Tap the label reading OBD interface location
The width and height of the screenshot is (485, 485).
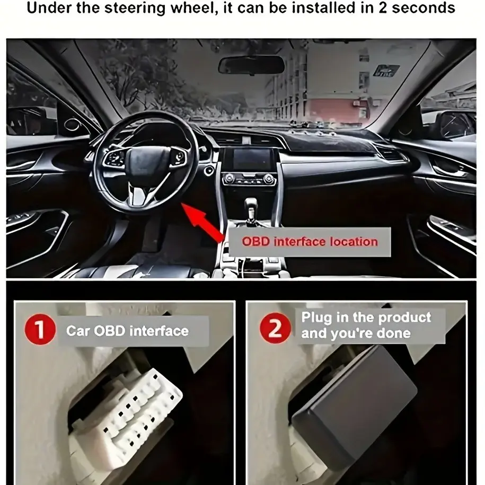(310, 242)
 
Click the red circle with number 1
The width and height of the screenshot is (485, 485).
(40, 329)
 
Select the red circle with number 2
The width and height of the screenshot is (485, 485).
(275, 328)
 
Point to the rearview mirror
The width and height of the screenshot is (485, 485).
(251, 65)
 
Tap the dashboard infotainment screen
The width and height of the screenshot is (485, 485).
(253, 159)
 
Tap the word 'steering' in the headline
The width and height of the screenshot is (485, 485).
(135, 8)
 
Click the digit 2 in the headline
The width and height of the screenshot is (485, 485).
(383, 7)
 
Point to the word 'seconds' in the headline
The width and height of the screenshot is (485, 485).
(424, 8)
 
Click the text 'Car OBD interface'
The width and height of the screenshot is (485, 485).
(127, 331)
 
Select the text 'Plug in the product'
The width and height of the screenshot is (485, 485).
(366, 318)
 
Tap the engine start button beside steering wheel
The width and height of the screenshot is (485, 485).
(209, 171)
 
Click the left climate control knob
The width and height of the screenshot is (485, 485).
(229, 179)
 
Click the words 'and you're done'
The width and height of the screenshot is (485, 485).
(356, 333)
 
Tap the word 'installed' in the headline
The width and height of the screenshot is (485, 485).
(322, 8)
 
